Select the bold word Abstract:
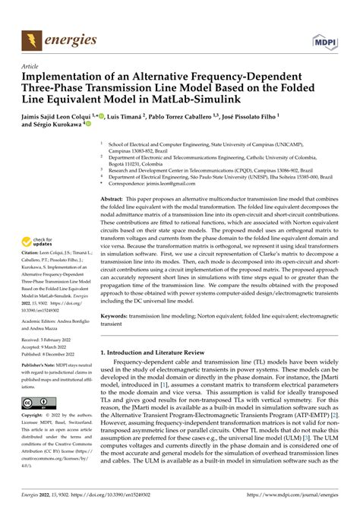[113, 197]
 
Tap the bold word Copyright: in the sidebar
[36, 417]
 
